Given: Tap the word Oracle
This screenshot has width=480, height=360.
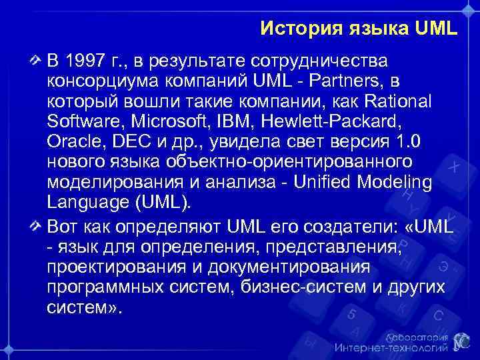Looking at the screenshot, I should [x=70, y=143].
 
